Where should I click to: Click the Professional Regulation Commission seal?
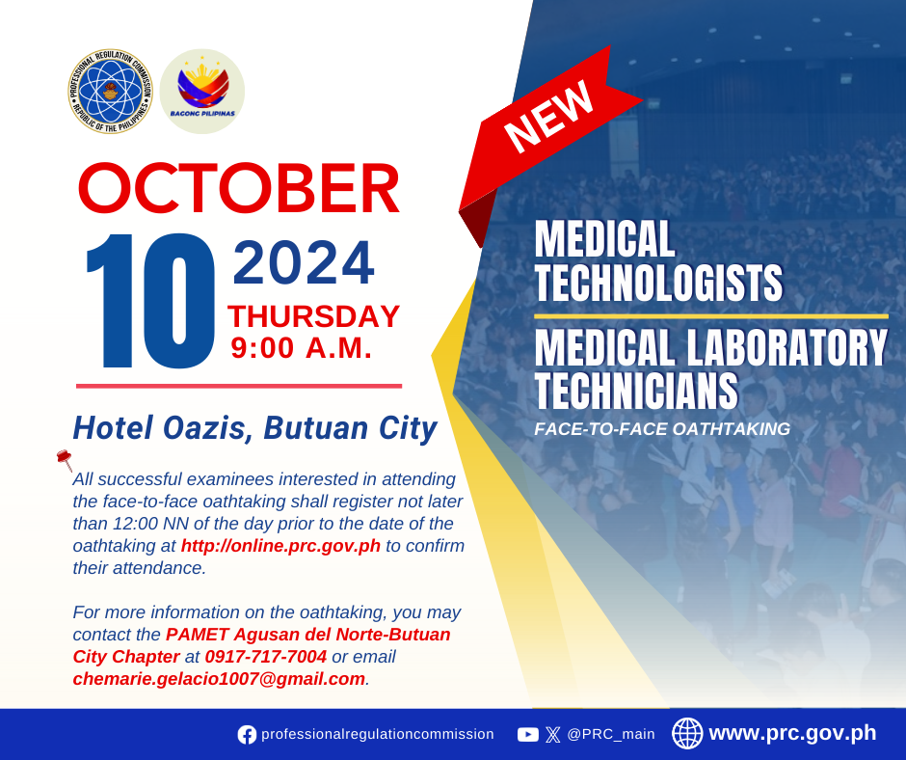(111, 92)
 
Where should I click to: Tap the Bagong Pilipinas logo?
(202, 92)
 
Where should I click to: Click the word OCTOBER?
(239, 189)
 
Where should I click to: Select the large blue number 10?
(150, 300)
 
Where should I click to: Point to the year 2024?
(304, 263)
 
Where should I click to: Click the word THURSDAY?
(314, 316)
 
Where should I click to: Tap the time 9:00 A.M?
(301, 348)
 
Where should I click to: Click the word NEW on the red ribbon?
(548, 116)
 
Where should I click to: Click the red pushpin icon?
(65, 460)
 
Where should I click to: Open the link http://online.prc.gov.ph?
(280, 546)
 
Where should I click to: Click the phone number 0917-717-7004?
(266, 657)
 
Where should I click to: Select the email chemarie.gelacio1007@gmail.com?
(219, 678)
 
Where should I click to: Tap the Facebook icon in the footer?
(247, 735)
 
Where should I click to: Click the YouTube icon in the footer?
(527, 735)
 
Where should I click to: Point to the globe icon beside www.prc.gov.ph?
(687, 733)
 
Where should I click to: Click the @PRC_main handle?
(611, 734)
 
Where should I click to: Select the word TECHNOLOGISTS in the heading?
(658, 283)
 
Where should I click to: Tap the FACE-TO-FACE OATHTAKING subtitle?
(662, 428)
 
